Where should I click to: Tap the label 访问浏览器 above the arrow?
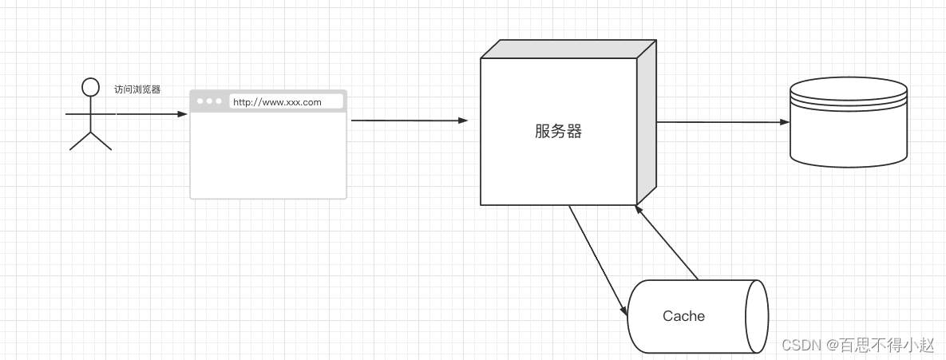click(x=137, y=90)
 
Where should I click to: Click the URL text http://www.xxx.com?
click(x=277, y=102)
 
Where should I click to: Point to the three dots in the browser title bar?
click(x=209, y=101)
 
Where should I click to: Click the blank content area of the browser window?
click(x=268, y=155)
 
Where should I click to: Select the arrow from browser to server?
click(x=407, y=121)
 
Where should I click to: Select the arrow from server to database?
click(x=718, y=122)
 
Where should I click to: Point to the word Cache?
click(x=683, y=316)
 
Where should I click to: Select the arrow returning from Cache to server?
click(x=667, y=243)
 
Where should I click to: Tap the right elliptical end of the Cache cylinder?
click(x=756, y=316)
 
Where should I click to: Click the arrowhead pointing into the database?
click(x=784, y=122)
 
